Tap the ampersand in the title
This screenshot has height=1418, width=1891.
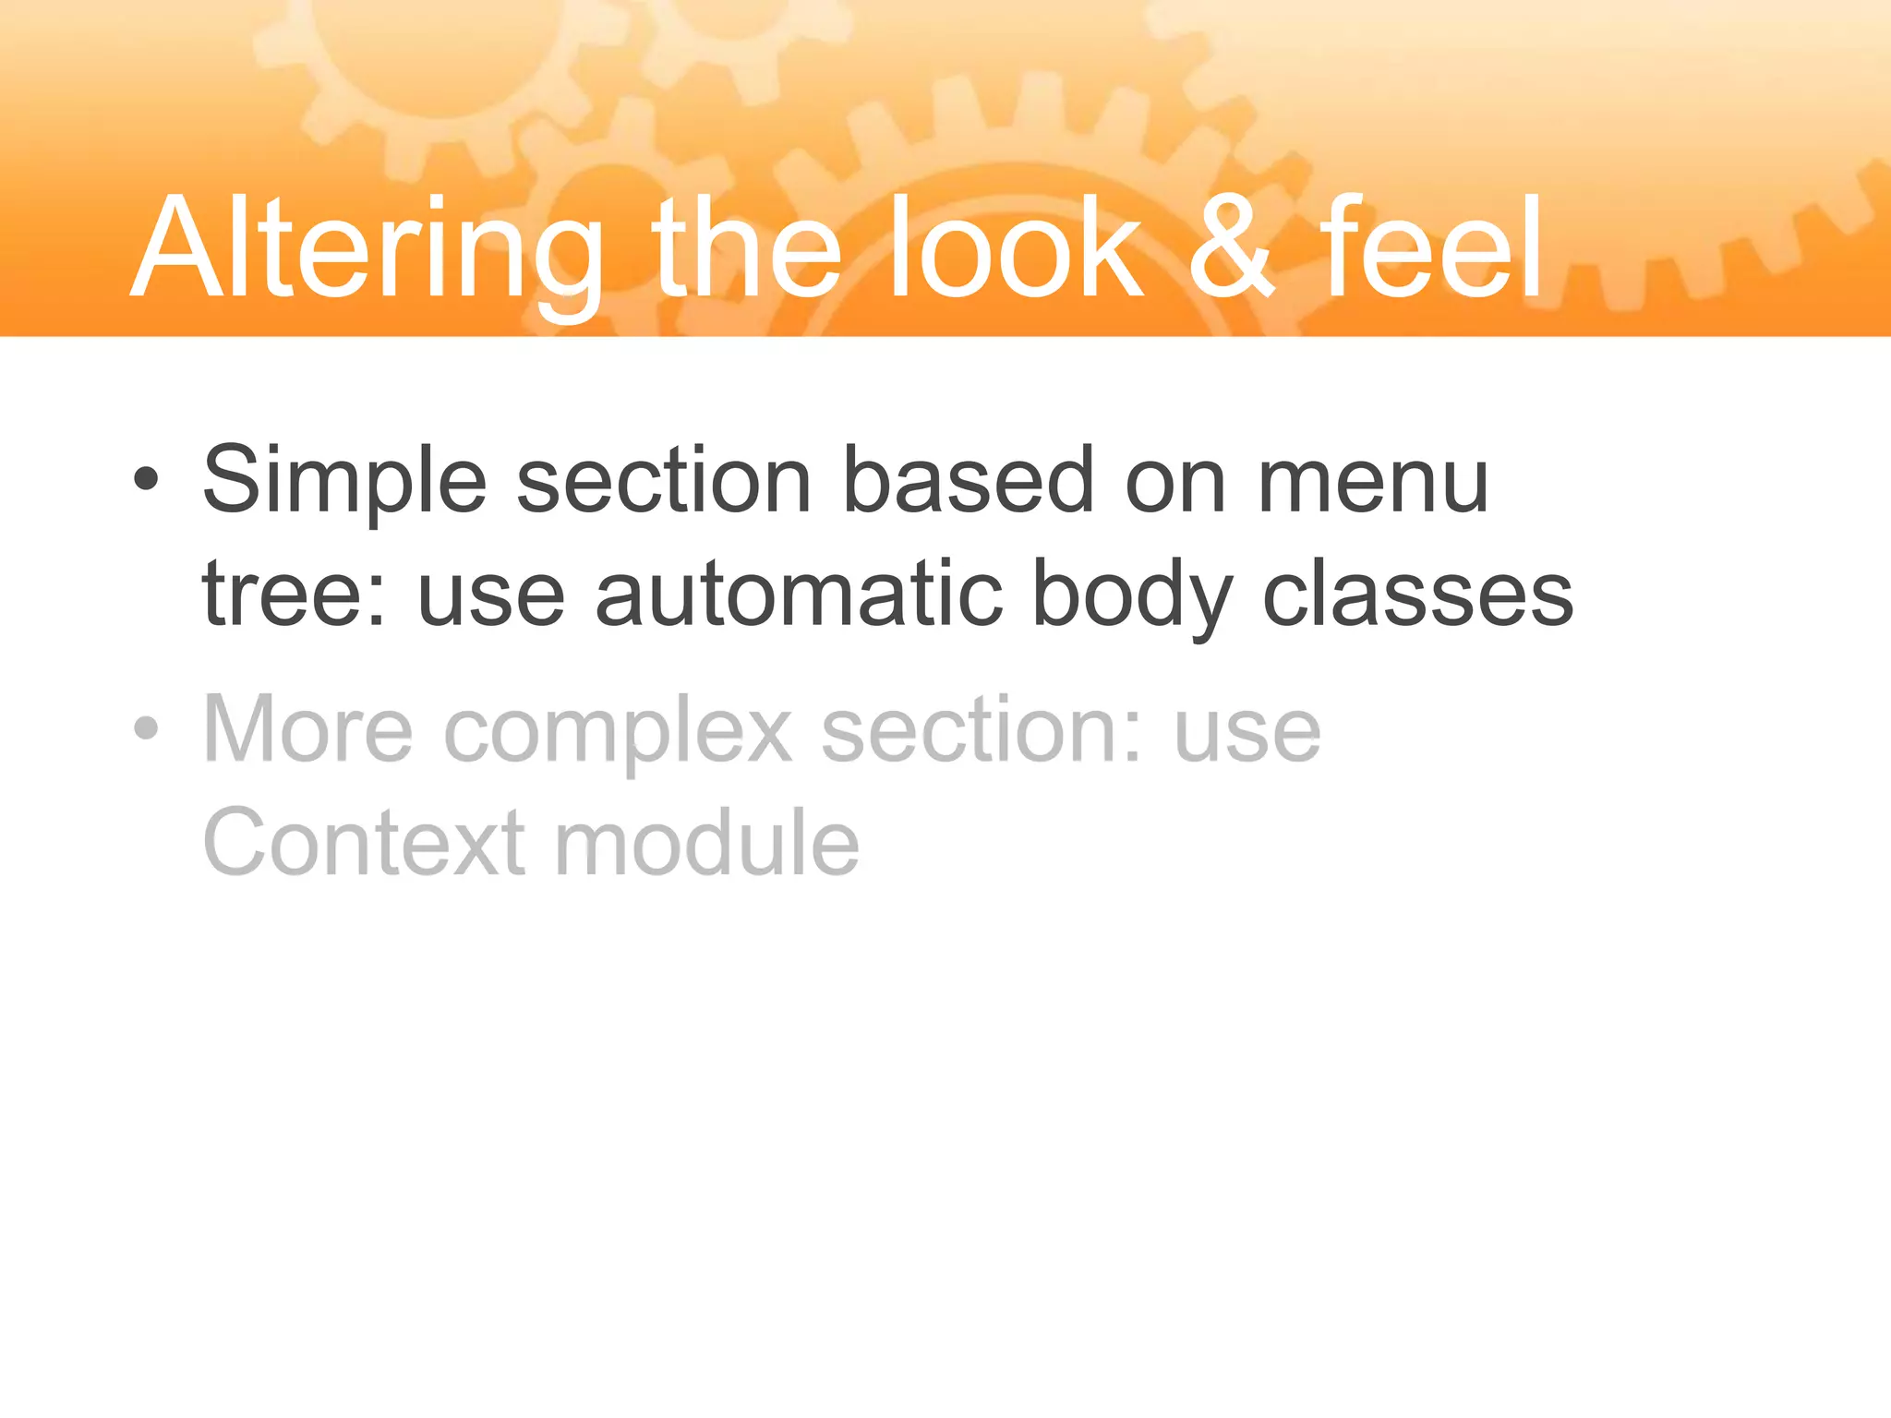(1231, 249)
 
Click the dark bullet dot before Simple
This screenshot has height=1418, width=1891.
(146, 479)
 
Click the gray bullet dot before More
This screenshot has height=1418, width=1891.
(146, 728)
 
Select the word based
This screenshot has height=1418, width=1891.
(969, 480)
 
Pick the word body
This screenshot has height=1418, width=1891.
(1132, 595)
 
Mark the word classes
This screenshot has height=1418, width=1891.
(1417, 595)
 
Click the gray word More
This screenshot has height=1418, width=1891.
(307, 729)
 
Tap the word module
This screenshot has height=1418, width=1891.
(706, 842)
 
